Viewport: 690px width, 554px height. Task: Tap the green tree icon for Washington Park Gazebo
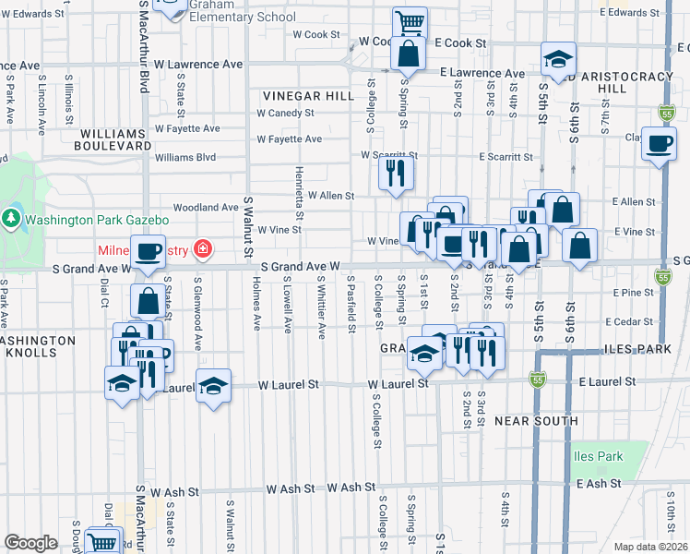(x=11, y=220)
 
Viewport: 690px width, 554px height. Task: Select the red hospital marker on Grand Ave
(x=203, y=249)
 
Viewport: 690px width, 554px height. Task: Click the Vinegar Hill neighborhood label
(x=308, y=96)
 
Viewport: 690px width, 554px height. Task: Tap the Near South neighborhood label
(x=536, y=421)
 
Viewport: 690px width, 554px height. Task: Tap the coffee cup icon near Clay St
(x=660, y=144)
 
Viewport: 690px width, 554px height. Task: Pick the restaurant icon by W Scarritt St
(x=397, y=172)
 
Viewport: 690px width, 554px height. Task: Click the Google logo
(x=30, y=543)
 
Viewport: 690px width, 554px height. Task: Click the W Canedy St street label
(x=285, y=114)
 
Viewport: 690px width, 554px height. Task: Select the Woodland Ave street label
(x=212, y=208)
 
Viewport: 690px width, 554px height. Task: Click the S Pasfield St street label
(x=351, y=306)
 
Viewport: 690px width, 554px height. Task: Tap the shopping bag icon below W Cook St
(x=408, y=54)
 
